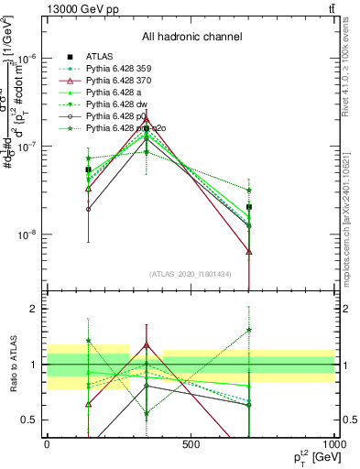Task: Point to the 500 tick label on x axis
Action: tap(191, 444)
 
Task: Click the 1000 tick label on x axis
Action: tap(334, 444)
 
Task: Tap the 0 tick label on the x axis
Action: tap(47, 444)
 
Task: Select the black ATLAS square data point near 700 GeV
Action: tap(249, 207)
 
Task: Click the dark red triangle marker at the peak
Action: tap(146, 119)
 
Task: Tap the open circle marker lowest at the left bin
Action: tap(88, 209)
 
